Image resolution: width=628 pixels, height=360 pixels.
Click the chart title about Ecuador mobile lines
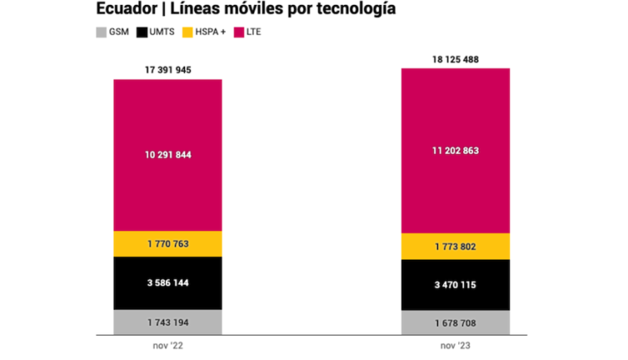246,11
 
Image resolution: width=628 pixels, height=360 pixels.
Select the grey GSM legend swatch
101,32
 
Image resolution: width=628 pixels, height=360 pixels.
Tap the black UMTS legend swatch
143,32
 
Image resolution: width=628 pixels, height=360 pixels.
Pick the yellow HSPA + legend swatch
190,32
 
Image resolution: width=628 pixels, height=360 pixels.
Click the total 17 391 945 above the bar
167,69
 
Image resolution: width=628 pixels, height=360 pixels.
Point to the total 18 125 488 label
456,59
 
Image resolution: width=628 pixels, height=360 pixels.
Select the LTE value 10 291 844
167,154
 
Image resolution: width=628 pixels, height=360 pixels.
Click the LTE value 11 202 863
456,151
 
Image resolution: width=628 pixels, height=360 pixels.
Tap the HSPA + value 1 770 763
167,244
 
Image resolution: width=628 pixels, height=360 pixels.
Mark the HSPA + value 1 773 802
456,246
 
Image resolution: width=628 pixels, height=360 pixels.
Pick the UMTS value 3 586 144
167,283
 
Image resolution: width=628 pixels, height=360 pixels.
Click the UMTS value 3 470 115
456,285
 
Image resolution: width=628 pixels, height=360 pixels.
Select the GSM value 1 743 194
167,322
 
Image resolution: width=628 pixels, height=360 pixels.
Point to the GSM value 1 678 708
456,322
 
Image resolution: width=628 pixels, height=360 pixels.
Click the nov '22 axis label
167,344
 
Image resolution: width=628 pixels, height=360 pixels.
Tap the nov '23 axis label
456,344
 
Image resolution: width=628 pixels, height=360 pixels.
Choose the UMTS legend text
162,32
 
